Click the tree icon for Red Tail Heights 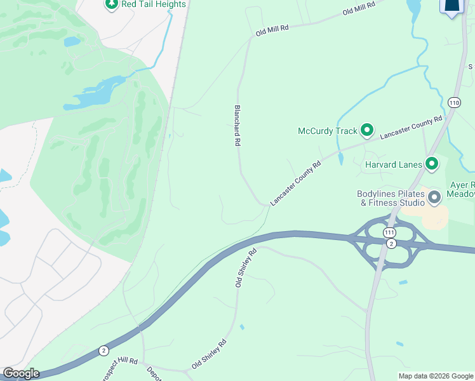click(112, 4)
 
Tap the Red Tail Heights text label click(154, 4)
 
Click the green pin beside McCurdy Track click(367, 131)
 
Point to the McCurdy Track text click(328, 131)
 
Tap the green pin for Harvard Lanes click(432, 164)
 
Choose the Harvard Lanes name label click(394, 165)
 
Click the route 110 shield click(453, 102)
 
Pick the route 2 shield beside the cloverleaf click(391, 244)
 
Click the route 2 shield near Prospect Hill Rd click(104, 351)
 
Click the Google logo click(21, 373)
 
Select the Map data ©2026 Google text click(435, 376)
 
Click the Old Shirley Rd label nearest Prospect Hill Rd click(210, 355)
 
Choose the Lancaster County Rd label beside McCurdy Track click(411, 128)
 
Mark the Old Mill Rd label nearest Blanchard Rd click(272, 29)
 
